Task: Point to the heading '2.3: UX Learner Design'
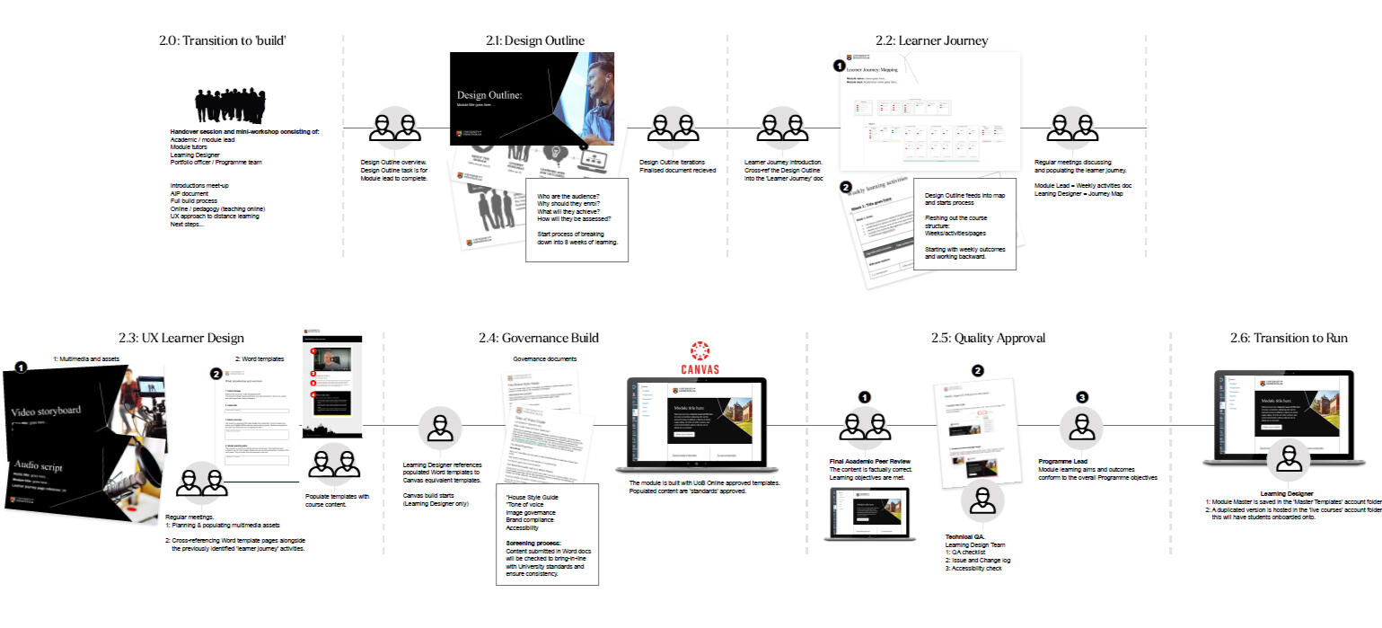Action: (x=180, y=339)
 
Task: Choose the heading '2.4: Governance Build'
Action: (x=539, y=339)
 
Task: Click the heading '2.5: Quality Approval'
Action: (x=988, y=339)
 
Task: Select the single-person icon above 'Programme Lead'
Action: (x=1081, y=428)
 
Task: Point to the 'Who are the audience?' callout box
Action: (x=577, y=220)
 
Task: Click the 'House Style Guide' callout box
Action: (x=546, y=534)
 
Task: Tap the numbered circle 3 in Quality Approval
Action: (x=1081, y=397)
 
